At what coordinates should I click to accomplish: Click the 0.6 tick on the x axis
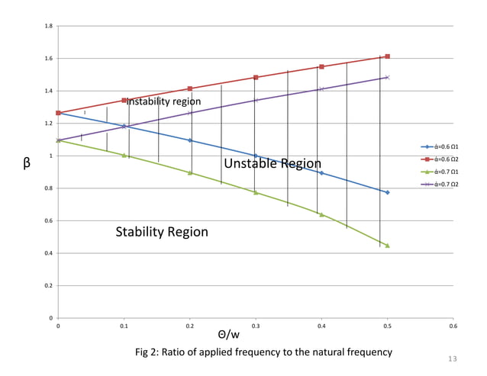[x=453, y=326]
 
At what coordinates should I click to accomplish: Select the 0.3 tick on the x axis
[x=256, y=326]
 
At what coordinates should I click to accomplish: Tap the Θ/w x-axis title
[x=228, y=335]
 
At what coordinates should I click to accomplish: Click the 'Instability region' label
[x=163, y=101]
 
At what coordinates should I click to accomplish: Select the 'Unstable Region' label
[x=273, y=163]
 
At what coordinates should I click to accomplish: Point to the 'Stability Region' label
[x=161, y=232]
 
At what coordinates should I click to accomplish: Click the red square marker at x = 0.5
[x=388, y=56]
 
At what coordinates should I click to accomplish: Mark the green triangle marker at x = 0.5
[x=388, y=246]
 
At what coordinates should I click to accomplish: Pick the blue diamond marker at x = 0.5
[x=388, y=192]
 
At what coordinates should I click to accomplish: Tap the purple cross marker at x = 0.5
[x=388, y=77]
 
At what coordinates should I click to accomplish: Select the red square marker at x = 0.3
[x=256, y=78]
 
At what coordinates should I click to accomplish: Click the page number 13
[x=453, y=359]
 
